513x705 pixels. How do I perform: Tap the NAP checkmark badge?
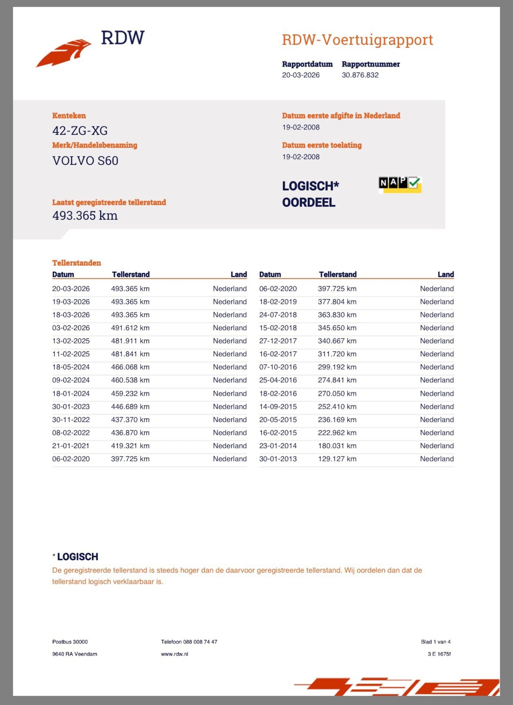[400, 184]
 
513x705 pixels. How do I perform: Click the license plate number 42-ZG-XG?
[80, 131]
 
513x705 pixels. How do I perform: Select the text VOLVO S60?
[85, 161]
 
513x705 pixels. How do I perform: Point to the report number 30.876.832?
[360, 75]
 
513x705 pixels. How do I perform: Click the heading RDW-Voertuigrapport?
[357, 40]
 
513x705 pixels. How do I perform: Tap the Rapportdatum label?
[307, 64]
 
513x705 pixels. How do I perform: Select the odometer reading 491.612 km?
[130, 328]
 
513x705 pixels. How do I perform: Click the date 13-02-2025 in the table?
[71, 341]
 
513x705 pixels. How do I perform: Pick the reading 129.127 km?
[337, 459]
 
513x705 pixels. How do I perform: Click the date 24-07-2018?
[278, 315]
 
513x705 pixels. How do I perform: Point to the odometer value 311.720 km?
[337, 354]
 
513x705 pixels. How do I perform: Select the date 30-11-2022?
[71, 420]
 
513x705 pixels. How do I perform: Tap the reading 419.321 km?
[130, 446]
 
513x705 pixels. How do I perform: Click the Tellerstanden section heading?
[77, 263]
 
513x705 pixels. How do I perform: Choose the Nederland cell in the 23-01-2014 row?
[437, 446]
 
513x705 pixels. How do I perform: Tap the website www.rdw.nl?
[174, 654]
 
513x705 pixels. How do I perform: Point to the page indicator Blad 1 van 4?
[436, 642]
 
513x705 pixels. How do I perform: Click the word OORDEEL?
[309, 202]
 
